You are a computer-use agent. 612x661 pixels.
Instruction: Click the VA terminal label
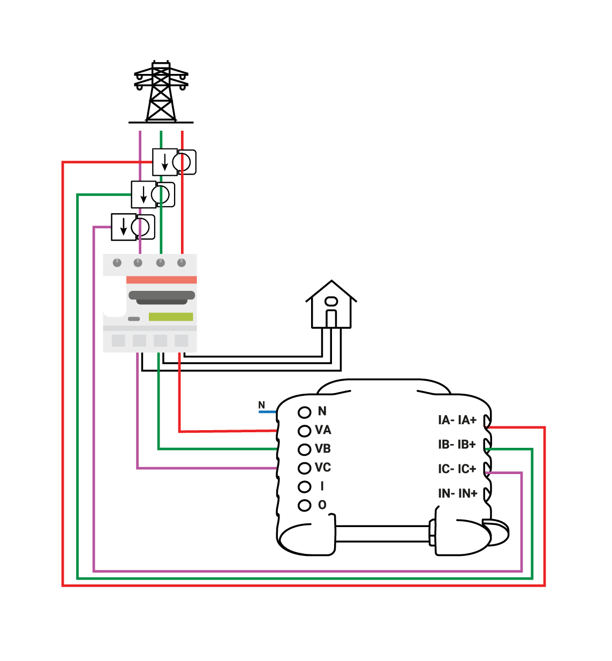pyautogui.click(x=323, y=430)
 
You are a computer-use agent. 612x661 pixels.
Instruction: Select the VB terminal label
pyautogui.click(x=323, y=449)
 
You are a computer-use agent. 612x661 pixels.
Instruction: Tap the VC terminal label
pyautogui.click(x=323, y=468)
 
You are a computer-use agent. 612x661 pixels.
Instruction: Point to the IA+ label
pyautogui.click(x=467, y=420)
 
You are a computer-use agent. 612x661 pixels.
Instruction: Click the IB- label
pyautogui.click(x=446, y=445)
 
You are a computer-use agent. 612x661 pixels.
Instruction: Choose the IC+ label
pyautogui.click(x=467, y=469)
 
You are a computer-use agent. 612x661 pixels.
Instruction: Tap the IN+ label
pyautogui.click(x=468, y=493)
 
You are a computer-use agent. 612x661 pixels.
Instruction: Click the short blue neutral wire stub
pyautogui.click(x=267, y=412)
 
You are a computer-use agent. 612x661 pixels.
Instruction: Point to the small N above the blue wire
pyautogui.click(x=261, y=405)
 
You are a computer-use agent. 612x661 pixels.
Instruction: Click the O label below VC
pyautogui.click(x=322, y=505)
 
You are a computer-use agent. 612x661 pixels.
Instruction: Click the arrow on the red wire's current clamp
pyautogui.click(x=165, y=162)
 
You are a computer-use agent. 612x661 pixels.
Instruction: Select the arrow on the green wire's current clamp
pyautogui.click(x=143, y=194)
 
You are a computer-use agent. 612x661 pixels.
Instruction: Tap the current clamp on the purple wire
pyautogui.click(x=145, y=227)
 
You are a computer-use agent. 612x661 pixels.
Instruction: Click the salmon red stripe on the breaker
pyautogui.click(x=161, y=280)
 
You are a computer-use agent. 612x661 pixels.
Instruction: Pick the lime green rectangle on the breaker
pyautogui.click(x=171, y=317)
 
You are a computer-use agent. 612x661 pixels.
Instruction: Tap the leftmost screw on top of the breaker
pyautogui.click(x=117, y=262)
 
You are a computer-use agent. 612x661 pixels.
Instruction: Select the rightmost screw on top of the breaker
pyautogui.click(x=182, y=262)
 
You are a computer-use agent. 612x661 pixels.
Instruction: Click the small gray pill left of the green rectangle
pyautogui.click(x=134, y=319)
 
